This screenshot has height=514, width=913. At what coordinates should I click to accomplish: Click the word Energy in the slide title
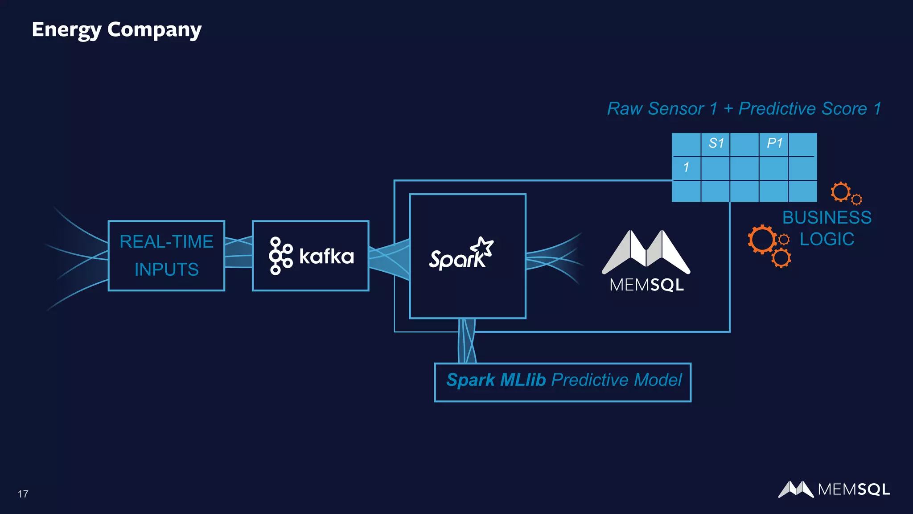tap(66, 30)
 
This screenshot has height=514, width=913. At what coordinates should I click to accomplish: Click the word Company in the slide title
tap(154, 30)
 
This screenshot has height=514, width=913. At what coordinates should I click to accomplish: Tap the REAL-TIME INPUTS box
tap(166, 256)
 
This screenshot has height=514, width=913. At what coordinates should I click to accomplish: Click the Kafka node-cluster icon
tap(280, 256)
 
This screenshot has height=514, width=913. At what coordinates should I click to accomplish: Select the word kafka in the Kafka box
tap(326, 257)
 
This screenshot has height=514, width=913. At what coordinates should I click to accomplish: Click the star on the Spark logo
tap(483, 247)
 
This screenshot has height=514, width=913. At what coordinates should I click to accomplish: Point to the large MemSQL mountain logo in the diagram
tap(646, 252)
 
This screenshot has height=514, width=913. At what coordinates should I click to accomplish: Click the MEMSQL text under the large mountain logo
tap(646, 285)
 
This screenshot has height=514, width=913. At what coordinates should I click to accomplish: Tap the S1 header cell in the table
tap(716, 144)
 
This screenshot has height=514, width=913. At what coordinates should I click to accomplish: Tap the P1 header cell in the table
tap(774, 144)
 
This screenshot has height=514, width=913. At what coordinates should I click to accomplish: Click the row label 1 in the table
tap(686, 167)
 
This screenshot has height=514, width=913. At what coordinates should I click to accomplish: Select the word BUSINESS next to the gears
tap(827, 218)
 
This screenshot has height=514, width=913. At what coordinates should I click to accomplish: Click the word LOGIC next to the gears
tap(827, 239)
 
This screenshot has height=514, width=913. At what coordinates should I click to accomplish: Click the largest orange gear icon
tap(762, 240)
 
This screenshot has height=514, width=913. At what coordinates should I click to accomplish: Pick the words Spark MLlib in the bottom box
tap(496, 380)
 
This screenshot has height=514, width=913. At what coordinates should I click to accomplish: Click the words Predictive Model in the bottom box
tap(617, 380)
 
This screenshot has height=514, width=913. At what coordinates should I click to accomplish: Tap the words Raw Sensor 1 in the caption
tap(662, 109)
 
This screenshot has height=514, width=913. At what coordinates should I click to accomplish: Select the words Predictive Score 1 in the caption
tap(810, 109)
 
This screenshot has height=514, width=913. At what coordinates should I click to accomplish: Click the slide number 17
tap(23, 494)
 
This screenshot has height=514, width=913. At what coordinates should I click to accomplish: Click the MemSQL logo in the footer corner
tap(834, 489)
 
